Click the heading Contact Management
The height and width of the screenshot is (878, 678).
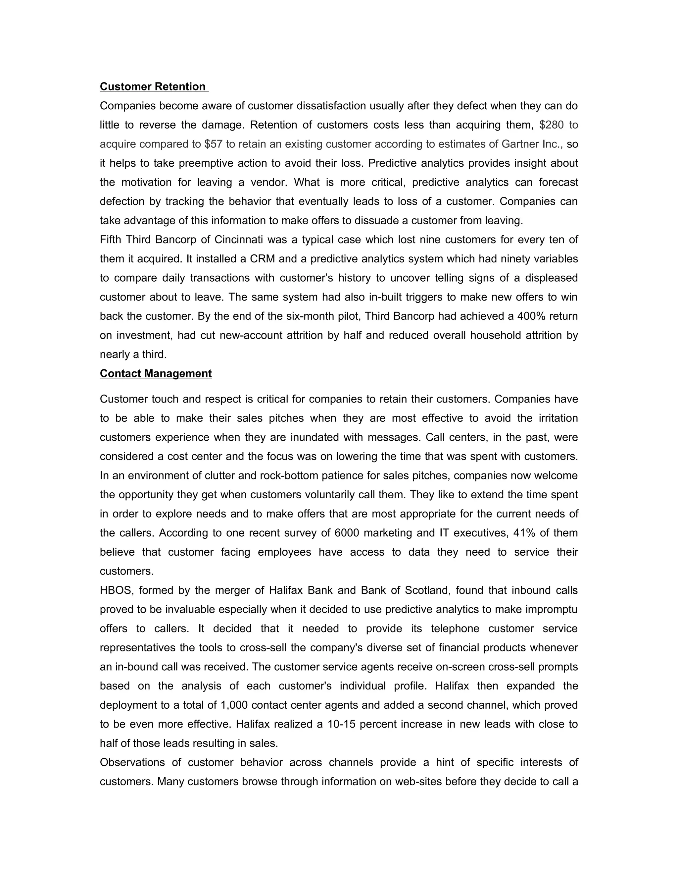[156, 373]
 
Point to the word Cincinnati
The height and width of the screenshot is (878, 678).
[239, 240]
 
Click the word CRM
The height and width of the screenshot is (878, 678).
[262, 259]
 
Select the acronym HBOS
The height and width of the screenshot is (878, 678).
[113, 590]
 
